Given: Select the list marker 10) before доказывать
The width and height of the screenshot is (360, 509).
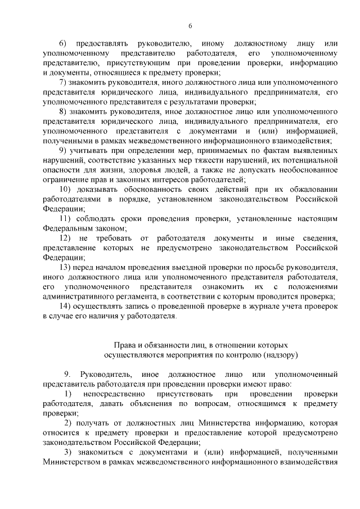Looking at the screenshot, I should (x=65, y=189).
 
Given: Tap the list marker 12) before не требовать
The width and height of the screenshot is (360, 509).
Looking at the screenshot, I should (x=65, y=238).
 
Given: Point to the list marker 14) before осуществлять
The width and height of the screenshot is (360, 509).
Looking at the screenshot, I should (x=65, y=306).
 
